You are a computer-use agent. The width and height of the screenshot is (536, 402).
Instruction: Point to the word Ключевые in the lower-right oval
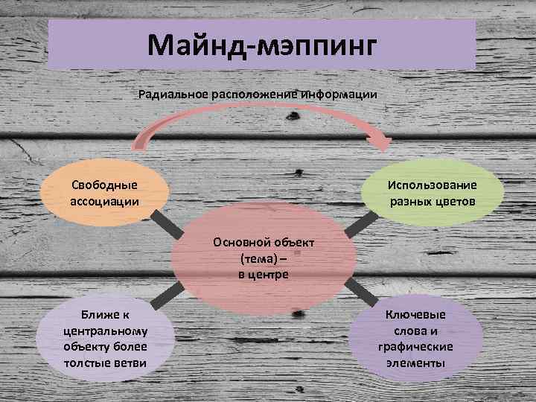(415, 314)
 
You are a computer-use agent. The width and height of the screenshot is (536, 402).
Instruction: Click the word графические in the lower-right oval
(415, 347)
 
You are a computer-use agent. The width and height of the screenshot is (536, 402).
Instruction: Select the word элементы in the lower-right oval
(415, 363)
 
